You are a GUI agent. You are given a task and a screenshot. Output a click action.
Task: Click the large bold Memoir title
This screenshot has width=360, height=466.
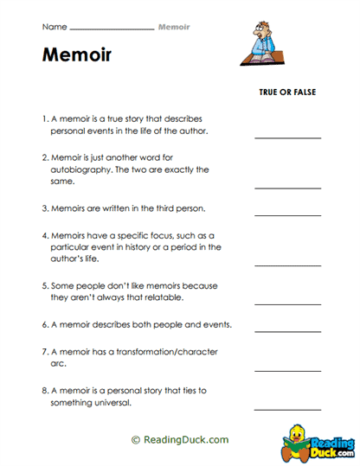[x=76, y=56]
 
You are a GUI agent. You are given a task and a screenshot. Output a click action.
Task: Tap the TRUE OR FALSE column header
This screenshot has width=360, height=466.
[x=286, y=92]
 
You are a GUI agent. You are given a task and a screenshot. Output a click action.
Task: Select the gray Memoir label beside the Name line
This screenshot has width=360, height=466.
[x=174, y=28]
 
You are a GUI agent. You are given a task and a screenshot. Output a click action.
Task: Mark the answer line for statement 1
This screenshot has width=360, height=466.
[x=287, y=137]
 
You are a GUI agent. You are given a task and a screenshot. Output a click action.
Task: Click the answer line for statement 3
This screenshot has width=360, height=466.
[x=287, y=214]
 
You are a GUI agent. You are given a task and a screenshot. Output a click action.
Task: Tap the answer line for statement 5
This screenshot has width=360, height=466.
[x=287, y=303]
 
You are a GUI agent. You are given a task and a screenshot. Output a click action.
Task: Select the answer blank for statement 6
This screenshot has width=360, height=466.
[x=287, y=329]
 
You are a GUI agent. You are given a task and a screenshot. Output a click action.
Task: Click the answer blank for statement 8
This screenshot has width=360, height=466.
[x=287, y=407]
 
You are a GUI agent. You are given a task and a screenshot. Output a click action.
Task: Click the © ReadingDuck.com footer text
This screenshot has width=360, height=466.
[x=180, y=440]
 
